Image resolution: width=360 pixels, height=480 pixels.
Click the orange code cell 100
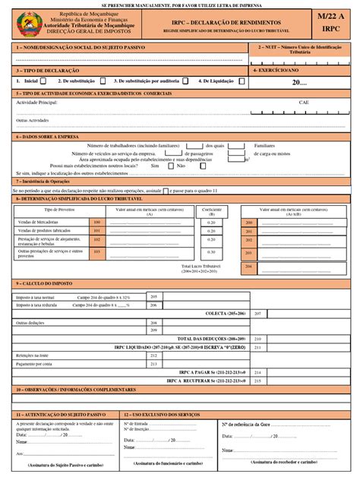96,222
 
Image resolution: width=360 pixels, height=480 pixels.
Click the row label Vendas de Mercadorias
39,222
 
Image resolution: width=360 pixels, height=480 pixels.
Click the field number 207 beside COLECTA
257,313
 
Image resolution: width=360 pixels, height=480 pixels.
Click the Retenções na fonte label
33,355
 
